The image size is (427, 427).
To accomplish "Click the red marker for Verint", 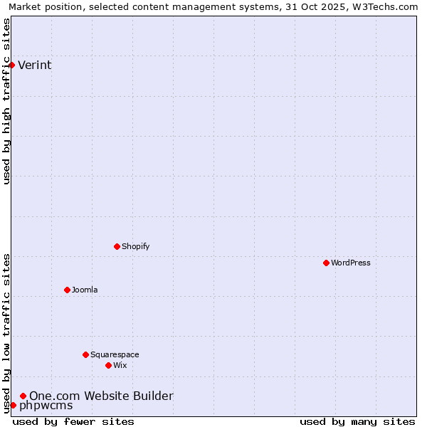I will coord(11,65).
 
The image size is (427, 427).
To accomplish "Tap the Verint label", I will coord(34,65).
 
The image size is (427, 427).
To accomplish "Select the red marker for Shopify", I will coord(117,247).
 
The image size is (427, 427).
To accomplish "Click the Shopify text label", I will coord(135,247).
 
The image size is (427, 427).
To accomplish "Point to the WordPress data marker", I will coord(326,263).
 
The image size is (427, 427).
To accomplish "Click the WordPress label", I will coord(350,263).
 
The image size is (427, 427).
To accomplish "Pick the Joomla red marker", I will coord(67,290).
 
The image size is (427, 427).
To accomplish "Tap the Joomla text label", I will coord(85,290).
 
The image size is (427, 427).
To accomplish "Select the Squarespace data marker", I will coord(85,355).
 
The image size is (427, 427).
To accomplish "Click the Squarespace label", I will coord(115,355).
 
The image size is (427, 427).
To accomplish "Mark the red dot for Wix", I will coord(108,366).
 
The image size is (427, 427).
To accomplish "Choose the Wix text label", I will coord(120,366).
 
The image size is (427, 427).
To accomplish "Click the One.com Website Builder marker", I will coord(23,396).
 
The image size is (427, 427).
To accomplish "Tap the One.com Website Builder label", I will coord(101,396).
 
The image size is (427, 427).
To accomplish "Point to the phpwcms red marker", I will coord(13,406).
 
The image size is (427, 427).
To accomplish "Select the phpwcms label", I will coord(46,406).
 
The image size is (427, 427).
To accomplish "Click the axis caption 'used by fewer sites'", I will coord(73,421).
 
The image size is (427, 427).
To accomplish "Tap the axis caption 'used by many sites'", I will coord(357,421).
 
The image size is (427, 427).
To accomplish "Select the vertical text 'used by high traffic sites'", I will coord(6,101).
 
